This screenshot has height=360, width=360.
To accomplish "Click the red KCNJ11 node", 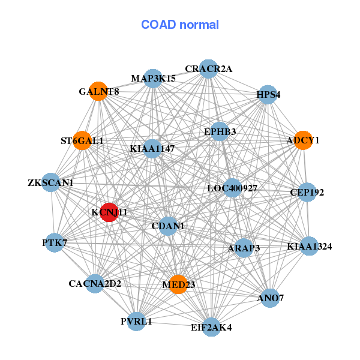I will click(x=109, y=212).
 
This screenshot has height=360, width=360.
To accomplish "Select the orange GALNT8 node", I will click(x=98, y=91).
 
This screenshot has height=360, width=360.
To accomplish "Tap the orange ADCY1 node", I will click(x=304, y=140).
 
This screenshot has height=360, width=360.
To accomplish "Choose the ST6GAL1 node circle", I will click(x=82, y=141).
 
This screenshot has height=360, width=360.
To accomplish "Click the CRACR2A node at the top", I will click(x=208, y=68).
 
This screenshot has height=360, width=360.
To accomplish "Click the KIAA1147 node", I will click(x=152, y=148).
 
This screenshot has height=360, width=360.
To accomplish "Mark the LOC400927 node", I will click(x=232, y=188).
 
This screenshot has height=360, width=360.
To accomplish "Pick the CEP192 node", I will click(x=307, y=193).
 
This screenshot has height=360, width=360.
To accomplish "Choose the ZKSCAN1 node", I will click(x=50, y=182).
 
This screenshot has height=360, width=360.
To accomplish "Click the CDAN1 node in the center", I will click(x=168, y=226).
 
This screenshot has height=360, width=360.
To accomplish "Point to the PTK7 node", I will click(x=54, y=242).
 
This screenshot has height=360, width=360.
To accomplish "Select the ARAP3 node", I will click(x=244, y=248).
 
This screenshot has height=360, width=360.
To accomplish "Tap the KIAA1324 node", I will click(x=309, y=246).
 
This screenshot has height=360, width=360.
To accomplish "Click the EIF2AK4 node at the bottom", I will click(x=211, y=327).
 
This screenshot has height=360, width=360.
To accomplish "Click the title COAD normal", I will click(x=180, y=25).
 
